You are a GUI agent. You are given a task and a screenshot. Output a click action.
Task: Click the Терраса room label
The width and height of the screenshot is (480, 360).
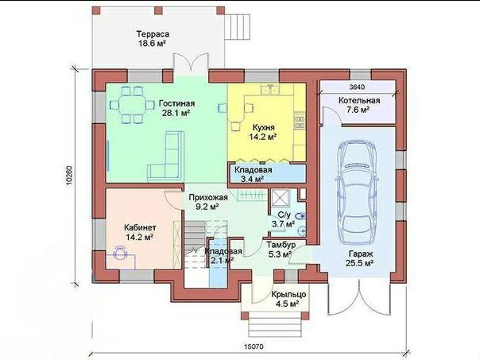point(153,38)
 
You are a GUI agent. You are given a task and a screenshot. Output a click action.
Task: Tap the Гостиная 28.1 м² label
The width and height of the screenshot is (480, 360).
point(176,108)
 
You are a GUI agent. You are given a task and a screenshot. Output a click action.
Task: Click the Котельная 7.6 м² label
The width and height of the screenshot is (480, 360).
point(359,105)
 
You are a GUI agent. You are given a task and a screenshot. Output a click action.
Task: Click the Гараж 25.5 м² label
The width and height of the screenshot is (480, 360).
point(360,258)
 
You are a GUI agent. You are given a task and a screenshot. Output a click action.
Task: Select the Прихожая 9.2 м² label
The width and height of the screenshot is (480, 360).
point(208,202)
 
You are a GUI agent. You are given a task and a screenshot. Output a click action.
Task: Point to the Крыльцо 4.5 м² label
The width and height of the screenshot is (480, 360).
point(288,299)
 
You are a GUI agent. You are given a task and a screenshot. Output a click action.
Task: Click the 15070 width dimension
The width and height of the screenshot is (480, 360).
point(254,346)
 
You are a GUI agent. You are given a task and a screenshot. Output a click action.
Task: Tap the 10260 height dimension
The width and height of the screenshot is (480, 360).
point(69,176)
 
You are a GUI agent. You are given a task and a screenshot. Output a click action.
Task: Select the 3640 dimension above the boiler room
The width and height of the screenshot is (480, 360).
point(357,87)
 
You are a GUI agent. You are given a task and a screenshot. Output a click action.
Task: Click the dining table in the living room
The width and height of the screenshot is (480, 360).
point(133,106)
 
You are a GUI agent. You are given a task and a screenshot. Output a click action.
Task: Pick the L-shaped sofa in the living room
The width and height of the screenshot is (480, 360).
point(165,157)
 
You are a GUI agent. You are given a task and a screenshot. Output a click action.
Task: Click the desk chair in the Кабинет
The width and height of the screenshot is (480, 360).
point(120,253)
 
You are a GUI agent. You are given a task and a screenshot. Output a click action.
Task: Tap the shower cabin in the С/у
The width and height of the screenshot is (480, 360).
point(280,197)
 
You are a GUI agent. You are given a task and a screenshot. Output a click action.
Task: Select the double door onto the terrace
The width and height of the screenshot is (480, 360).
point(192,64)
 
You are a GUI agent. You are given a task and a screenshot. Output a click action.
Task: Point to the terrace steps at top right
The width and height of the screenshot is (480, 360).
point(238,27)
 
